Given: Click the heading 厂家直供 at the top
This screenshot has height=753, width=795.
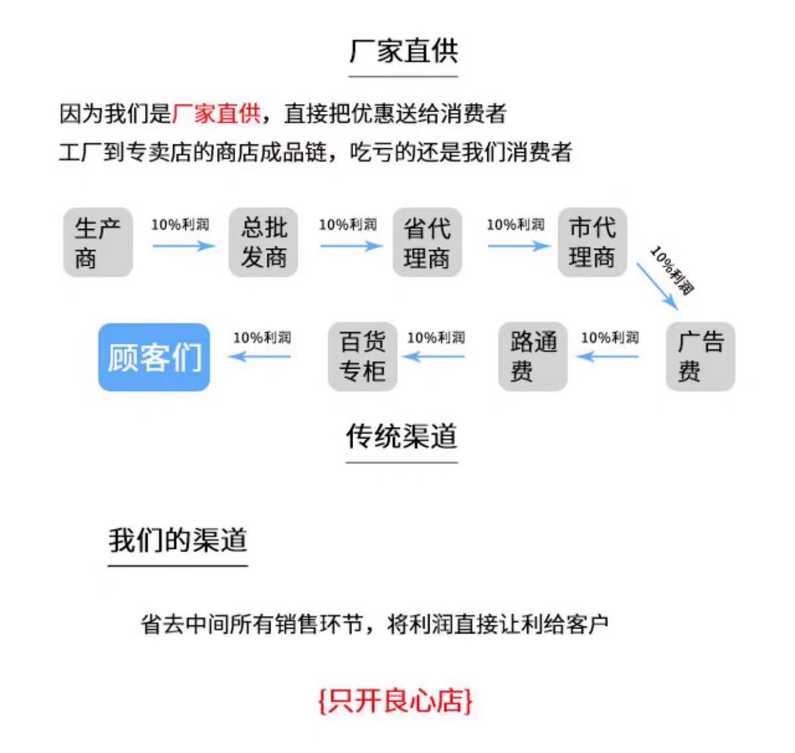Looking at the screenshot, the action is (x=403, y=52).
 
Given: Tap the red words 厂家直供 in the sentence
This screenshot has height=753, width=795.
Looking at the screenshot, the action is (x=216, y=113).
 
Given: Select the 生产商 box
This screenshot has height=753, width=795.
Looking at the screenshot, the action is (x=98, y=243).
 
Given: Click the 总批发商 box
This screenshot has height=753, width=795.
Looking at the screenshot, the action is (x=263, y=243).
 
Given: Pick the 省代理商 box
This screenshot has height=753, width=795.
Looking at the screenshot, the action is (x=427, y=243).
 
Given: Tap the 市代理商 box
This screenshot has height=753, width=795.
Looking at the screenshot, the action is (x=592, y=243).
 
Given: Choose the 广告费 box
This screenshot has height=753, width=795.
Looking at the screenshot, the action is (x=700, y=357).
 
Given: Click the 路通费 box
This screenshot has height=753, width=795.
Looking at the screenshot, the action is (x=533, y=357).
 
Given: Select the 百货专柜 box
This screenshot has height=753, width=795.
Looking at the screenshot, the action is (x=362, y=357).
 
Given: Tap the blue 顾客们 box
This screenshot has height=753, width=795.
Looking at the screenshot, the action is (x=154, y=357).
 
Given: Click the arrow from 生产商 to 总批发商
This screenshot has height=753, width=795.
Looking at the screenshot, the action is (x=184, y=246).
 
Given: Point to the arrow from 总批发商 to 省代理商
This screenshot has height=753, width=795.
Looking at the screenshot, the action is (x=351, y=246).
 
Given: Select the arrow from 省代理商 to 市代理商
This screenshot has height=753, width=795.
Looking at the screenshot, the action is (x=519, y=246).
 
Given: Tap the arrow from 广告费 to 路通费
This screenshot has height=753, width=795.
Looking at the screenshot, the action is (x=608, y=357).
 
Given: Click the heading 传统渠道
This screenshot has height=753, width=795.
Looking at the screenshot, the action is (x=401, y=436).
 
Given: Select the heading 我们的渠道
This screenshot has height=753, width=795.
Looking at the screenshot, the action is (x=178, y=540).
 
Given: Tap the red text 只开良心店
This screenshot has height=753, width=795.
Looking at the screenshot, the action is (x=396, y=701).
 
